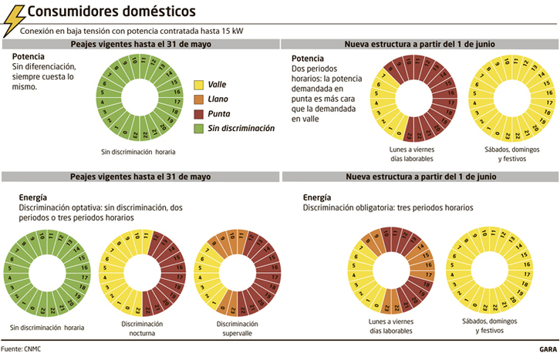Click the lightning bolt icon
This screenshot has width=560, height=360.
tap(13, 19)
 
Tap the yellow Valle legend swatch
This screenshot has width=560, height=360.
tap(197, 84)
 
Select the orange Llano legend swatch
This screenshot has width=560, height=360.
tap(197, 99)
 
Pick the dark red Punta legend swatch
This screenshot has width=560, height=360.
tap(197, 113)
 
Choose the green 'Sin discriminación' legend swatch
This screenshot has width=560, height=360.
tap(197, 128)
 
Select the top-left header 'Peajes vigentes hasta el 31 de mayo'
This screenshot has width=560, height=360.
tap(140, 45)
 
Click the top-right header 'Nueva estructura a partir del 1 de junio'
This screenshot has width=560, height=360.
tap(420, 45)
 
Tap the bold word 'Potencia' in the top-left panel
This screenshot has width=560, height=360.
tap(29, 58)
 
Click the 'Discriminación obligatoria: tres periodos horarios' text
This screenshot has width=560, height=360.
tap(387, 208)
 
